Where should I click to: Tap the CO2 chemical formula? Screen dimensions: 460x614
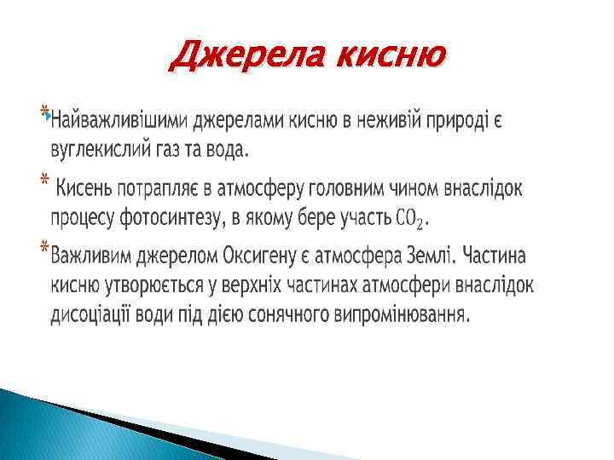(408, 219)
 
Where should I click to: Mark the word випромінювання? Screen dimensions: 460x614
(407, 314)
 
